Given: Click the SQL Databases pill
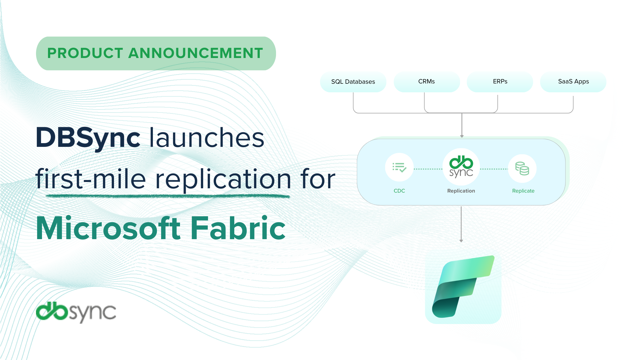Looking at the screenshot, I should [353, 82].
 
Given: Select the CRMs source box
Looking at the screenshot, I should [427, 82].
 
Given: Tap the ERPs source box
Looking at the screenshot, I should [500, 82].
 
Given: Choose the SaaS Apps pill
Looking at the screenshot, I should [573, 82].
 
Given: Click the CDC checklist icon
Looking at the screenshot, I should [399, 168].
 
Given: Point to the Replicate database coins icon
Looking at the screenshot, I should [522, 169].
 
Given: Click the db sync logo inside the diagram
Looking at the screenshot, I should [461, 167].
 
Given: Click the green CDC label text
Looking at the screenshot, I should [399, 191].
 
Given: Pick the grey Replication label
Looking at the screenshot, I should [461, 191].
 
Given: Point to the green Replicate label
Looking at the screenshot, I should [523, 191].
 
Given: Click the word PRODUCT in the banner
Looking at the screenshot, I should [85, 53].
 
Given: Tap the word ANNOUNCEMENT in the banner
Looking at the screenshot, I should [196, 53].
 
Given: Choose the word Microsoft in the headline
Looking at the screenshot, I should [109, 229].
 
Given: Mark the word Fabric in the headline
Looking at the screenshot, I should [238, 229].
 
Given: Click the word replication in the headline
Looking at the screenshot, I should [223, 179].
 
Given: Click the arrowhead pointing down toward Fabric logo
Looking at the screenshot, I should [461, 241].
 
